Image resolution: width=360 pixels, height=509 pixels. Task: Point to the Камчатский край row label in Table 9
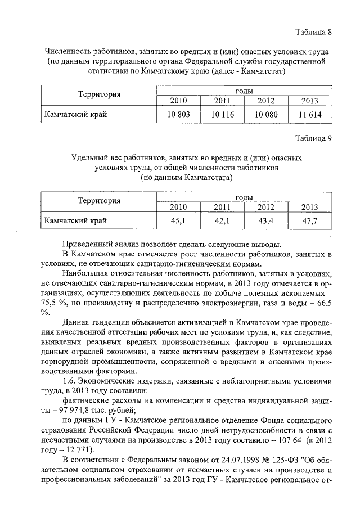[x=75, y=221]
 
